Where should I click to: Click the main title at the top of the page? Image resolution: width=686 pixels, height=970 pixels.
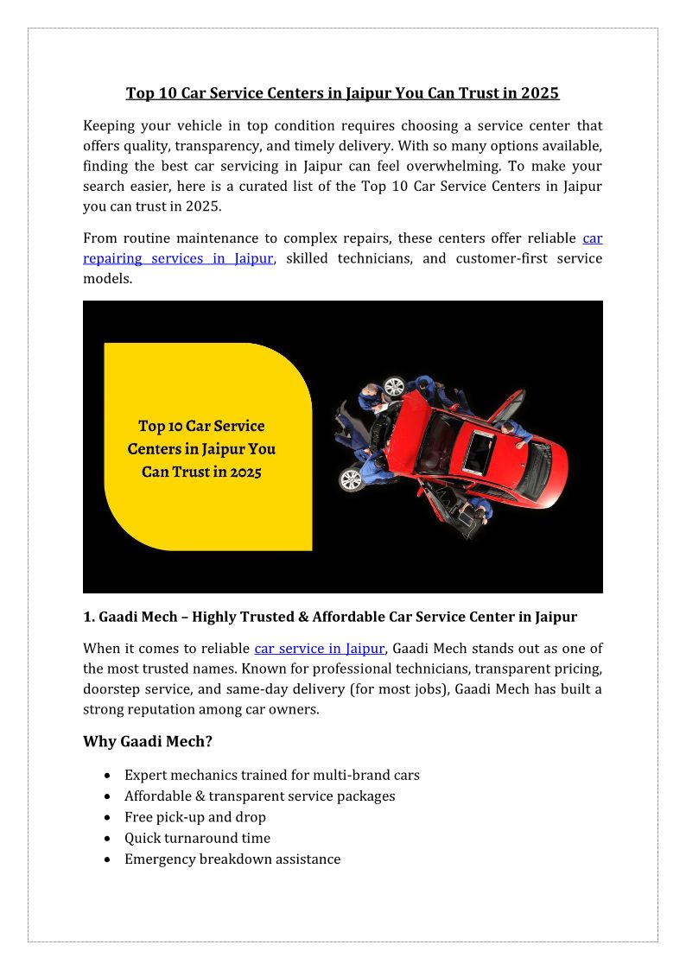[x=342, y=93]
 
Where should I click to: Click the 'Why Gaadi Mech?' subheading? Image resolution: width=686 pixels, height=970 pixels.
[x=148, y=742]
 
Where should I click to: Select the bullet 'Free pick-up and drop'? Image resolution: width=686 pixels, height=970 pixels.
[x=194, y=817]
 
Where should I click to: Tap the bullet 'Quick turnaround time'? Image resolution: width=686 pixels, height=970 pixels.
[x=197, y=838]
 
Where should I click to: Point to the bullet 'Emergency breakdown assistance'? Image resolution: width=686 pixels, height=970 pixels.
[x=232, y=859]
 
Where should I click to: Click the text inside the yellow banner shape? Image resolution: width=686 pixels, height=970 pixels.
[x=201, y=449]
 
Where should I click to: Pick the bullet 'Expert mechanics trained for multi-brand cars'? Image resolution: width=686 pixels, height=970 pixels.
[x=271, y=776]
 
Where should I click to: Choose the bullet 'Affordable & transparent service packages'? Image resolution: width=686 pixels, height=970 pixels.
[x=259, y=796]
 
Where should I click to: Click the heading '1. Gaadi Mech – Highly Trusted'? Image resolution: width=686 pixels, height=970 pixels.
[x=329, y=618]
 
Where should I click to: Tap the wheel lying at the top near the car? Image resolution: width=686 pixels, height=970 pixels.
[x=394, y=386]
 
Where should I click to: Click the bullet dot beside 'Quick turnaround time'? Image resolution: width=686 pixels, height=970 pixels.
[x=106, y=839]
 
